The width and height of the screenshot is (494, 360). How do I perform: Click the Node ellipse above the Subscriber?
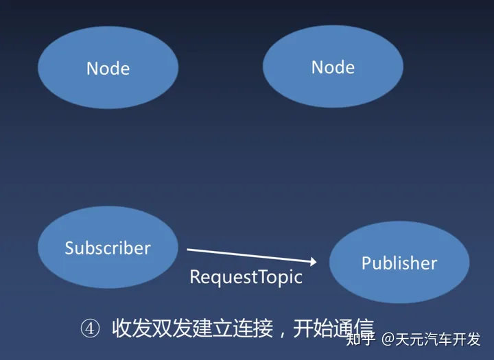108,67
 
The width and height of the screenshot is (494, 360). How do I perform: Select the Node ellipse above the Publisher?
333,67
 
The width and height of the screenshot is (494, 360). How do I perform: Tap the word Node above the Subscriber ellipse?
108,69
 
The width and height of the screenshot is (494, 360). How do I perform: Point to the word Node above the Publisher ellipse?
333,67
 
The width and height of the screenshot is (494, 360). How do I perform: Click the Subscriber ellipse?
108,248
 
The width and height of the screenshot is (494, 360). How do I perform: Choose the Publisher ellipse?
399,262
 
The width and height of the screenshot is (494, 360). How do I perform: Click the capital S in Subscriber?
69,248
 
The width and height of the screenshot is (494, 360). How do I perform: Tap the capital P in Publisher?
366,263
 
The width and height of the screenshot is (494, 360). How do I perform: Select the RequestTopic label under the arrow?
246,278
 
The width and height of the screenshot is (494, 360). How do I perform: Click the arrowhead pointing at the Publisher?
313,261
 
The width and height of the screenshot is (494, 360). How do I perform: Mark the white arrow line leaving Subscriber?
252,256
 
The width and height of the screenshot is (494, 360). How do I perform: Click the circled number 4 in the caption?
90,328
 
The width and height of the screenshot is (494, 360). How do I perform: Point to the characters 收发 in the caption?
131,328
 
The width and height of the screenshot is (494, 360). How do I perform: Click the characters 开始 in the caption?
313,328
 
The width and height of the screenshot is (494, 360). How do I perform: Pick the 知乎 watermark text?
361,339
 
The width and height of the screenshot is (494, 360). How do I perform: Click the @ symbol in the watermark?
388,339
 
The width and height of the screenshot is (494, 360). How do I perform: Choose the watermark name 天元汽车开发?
438,339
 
